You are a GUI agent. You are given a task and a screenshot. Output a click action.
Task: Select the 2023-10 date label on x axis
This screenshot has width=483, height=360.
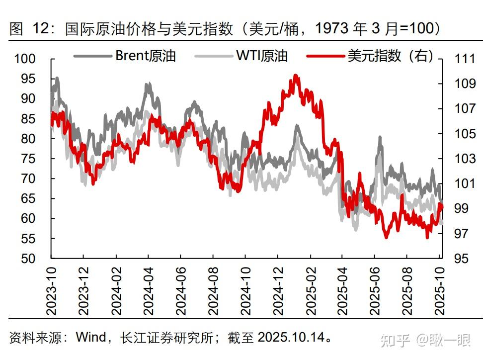point(52,290)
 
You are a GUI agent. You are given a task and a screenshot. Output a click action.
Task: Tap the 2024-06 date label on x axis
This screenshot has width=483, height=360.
point(181,290)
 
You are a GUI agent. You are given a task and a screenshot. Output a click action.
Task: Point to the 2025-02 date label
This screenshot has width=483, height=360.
point(310,290)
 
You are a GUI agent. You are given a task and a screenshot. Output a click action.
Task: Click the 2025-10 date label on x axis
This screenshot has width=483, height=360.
point(439,290)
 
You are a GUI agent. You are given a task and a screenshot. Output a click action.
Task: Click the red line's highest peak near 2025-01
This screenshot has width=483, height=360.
point(296,76)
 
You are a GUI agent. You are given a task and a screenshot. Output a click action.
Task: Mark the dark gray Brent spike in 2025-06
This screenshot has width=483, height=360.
point(380,138)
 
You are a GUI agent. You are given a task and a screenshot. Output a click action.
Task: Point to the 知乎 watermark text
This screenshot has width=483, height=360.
point(395,341)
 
